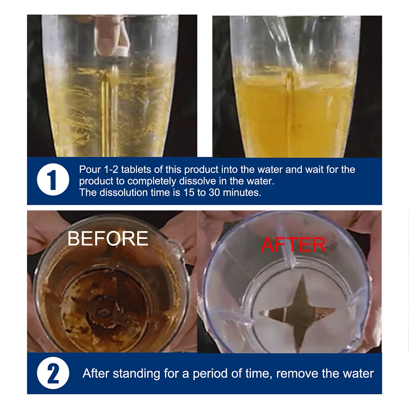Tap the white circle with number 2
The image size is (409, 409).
click(x=53, y=374)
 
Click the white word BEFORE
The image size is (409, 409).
click(x=108, y=238)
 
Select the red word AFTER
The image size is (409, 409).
click(x=293, y=244)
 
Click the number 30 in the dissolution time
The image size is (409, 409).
click(x=214, y=192)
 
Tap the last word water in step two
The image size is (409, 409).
click(x=358, y=373)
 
